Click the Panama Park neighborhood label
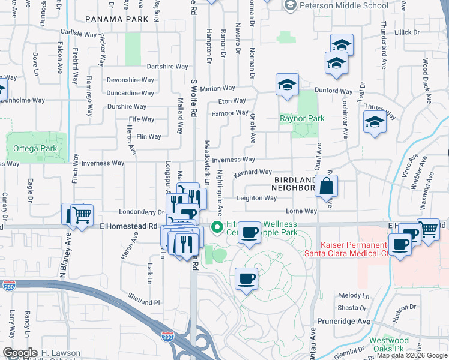(117, 19)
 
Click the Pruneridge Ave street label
(343, 321)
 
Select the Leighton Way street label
(256, 198)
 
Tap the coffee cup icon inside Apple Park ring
(246, 279)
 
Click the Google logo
(20, 353)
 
